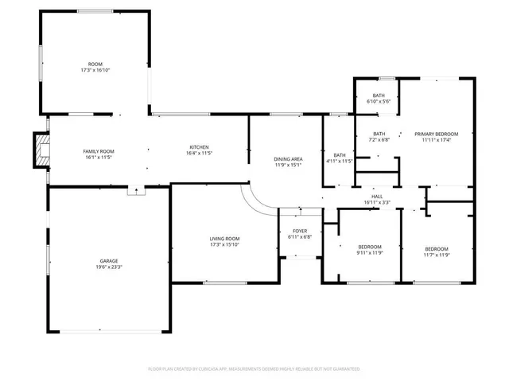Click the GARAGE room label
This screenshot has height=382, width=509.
(x=109, y=260)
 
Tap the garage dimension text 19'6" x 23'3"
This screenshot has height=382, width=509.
(x=109, y=267)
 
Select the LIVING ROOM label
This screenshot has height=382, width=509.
(x=225, y=239)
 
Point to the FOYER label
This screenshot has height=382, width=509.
(x=300, y=230)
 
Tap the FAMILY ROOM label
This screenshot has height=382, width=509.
(x=99, y=151)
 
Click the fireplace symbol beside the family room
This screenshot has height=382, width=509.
(x=40, y=150)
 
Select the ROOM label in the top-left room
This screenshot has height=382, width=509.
(x=95, y=64)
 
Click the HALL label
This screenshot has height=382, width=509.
(x=377, y=196)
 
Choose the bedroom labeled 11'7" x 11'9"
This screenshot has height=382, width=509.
(x=437, y=250)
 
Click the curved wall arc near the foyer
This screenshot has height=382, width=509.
(x=256, y=201)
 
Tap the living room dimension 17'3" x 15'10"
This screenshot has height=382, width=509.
(x=225, y=245)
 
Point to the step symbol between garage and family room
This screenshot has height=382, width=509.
(x=137, y=190)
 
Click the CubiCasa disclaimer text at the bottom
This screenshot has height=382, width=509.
(x=254, y=369)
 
